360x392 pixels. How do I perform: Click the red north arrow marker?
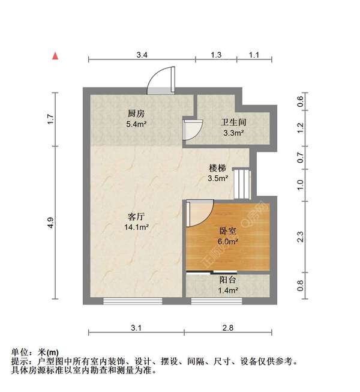(55, 56)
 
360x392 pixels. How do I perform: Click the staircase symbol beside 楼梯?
(241, 185)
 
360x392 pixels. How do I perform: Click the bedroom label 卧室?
(227, 231)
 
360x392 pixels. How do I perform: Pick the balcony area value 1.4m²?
(227, 291)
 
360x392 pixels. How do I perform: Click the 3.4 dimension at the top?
(142, 55)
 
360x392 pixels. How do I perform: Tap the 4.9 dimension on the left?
(52, 222)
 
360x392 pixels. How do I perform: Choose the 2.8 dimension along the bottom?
(227, 328)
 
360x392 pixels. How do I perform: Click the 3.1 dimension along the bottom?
(136, 328)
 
